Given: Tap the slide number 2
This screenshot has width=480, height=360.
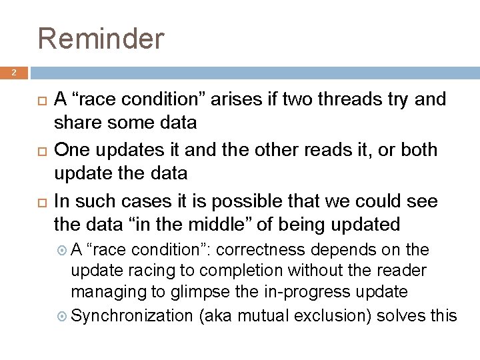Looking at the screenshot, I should (13, 73).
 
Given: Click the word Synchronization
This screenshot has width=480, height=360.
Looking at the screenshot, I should (131, 314).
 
